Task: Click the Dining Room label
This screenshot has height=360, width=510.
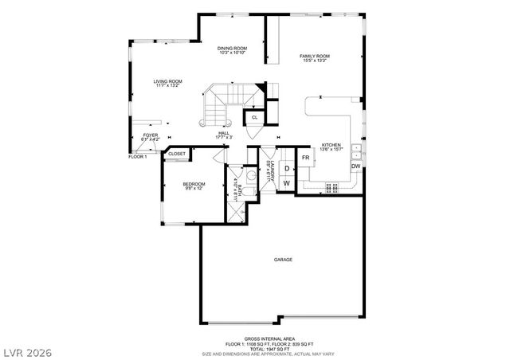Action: tap(232, 49)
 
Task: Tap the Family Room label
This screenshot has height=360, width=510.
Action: tap(315, 57)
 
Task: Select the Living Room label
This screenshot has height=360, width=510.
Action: tap(168, 83)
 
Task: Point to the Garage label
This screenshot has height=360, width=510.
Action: tap(284, 260)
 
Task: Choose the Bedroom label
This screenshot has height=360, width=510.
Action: tap(194, 186)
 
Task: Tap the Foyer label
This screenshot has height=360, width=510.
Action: tap(151, 137)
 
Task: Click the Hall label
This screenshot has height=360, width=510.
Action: tap(223, 135)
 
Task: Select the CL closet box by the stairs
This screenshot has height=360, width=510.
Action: tap(254, 117)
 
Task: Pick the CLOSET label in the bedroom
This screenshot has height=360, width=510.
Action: tap(177, 154)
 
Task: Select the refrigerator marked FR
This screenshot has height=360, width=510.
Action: tap(305, 158)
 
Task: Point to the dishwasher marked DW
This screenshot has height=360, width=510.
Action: tap(355, 166)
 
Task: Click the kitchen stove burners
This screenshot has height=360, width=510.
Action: tap(332, 188)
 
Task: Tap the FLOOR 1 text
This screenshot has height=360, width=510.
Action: tap(139, 157)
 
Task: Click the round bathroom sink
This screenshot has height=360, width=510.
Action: tap(249, 175)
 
